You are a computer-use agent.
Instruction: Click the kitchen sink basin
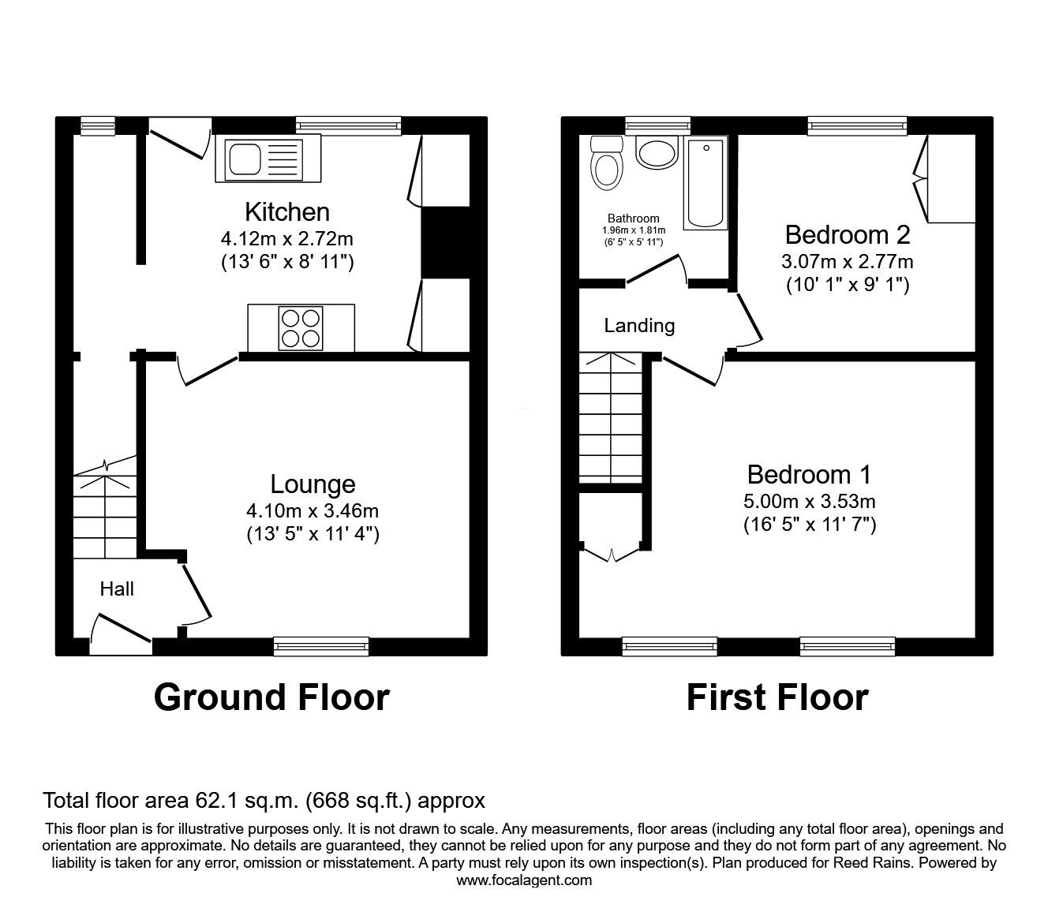click(245, 159)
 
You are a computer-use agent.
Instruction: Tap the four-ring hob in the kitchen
click(300, 328)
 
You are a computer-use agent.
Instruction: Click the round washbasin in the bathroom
click(657, 152)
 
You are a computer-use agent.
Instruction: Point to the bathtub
click(706, 183)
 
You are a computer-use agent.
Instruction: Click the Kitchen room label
click(287, 212)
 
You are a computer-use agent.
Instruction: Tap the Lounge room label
click(313, 484)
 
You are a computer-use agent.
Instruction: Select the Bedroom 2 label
click(848, 235)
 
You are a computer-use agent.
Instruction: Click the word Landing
click(639, 326)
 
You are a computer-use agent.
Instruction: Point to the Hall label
click(117, 589)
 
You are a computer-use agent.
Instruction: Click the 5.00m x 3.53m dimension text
click(810, 502)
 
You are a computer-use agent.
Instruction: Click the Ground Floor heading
click(271, 697)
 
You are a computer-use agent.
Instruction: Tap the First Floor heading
click(777, 697)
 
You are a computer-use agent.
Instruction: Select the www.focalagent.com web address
click(524, 880)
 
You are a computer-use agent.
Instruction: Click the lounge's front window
click(321, 646)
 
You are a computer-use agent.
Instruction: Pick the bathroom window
click(658, 125)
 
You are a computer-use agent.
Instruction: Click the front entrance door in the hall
click(121, 634)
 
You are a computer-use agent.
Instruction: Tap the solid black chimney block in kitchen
click(446, 242)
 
